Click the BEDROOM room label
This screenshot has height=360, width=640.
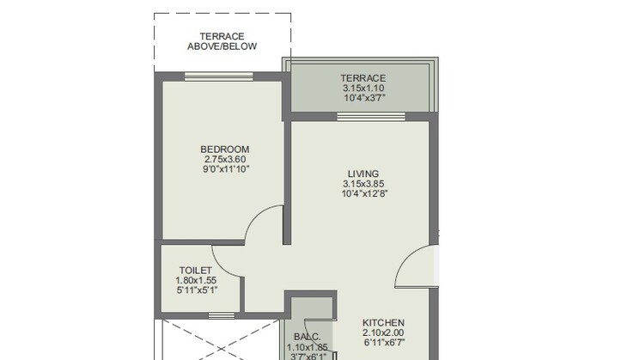tap(225, 149)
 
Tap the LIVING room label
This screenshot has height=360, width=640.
tap(363, 173)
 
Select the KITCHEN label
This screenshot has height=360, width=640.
tap(382, 322)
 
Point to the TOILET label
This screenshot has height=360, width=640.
tap(196, 270)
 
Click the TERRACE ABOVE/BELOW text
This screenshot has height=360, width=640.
tap(222, 41)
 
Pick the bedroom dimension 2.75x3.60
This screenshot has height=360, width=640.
tap(225, 159)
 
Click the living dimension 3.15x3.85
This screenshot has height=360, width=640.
tap(363, 183)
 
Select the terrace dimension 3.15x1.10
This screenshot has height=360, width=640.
tap(363, 88)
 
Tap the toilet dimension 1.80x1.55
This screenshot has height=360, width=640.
tap(196, 280)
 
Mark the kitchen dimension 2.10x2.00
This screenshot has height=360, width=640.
tap(382, 333)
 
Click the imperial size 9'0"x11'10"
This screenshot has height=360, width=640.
tap(225, 169)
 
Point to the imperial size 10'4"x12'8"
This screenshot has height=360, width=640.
tap(363, 193)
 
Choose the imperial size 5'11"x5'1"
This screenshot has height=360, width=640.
tap(196, 290)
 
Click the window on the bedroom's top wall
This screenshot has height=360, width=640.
tap(218, 76)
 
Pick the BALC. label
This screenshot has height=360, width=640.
tap(308, 337)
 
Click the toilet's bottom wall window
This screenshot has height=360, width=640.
tap(221, 316)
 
